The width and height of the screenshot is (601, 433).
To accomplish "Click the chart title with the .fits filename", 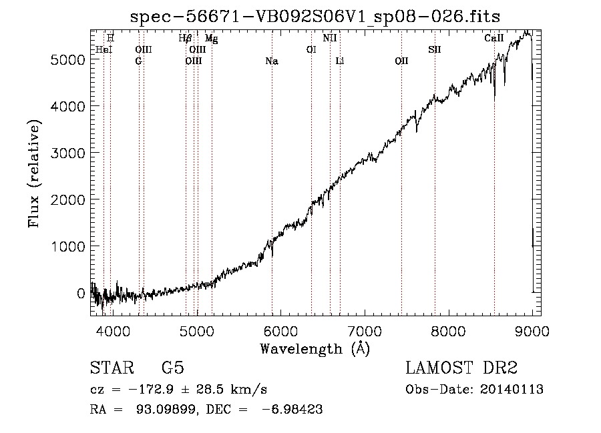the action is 315,17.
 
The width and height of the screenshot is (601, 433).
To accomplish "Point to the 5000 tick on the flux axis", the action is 67,60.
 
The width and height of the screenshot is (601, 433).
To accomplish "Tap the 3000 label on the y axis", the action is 67,153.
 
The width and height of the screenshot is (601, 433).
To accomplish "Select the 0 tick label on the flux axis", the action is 81,294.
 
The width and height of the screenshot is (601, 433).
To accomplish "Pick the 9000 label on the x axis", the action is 532,331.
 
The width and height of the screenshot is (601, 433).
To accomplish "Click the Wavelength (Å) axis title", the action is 315,349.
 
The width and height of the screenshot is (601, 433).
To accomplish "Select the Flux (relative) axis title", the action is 34,174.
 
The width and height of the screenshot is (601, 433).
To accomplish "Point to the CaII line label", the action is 493,38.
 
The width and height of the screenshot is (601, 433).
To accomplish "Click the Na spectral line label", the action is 272,61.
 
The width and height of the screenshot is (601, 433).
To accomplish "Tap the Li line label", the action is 340,61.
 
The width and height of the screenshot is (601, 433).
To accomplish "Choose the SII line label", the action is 435,49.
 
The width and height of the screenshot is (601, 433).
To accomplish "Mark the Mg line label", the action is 211,38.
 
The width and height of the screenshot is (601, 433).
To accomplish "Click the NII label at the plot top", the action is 330,38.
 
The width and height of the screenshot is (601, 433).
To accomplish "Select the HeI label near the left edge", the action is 104,49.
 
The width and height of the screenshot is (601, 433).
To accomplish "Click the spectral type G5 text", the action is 173,368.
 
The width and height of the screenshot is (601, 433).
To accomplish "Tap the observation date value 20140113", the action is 512,390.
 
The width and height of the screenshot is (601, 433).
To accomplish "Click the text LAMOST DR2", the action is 461,368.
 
